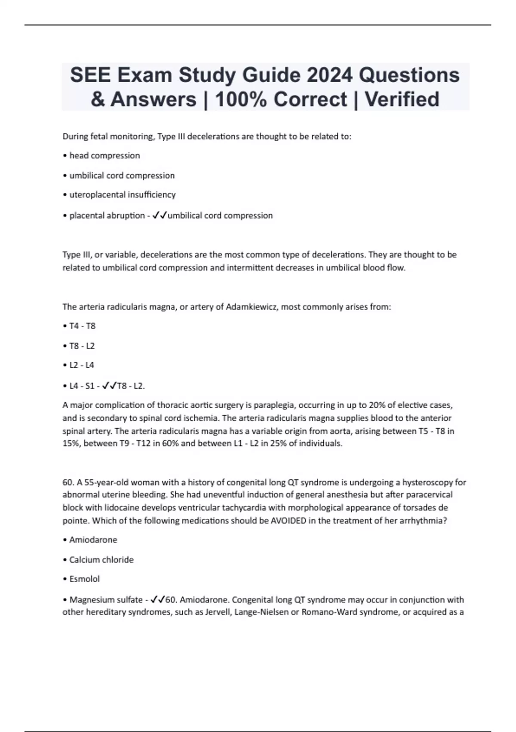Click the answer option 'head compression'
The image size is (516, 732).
[104, 155]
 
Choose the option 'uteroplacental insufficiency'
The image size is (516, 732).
[123, 195]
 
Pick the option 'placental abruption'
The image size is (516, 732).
[107, 215]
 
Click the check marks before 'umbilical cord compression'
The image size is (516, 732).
[160, 215]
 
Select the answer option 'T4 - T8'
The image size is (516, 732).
[82, 326]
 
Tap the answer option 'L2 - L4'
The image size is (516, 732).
[82, 365]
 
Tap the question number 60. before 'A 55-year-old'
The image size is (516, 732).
[69, 482]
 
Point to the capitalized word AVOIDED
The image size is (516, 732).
[289, 521]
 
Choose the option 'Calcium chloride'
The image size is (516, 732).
[101, 560]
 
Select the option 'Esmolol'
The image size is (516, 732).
[84, 579]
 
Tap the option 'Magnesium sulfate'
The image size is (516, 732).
[106, 600]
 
